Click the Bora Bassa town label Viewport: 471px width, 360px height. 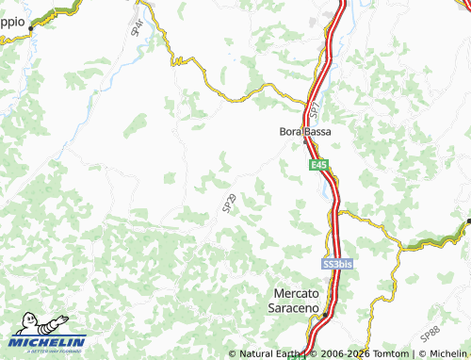click(305, 132)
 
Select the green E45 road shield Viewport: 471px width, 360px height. click(320, 165)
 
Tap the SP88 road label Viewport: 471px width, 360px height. click(430, 332)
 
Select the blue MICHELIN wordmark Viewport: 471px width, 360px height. click(48, 342)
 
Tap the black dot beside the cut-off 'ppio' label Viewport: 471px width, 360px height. click(31, 28)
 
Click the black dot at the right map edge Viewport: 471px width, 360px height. click(468, 221)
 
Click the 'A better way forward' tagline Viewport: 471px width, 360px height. click(47, 352)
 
